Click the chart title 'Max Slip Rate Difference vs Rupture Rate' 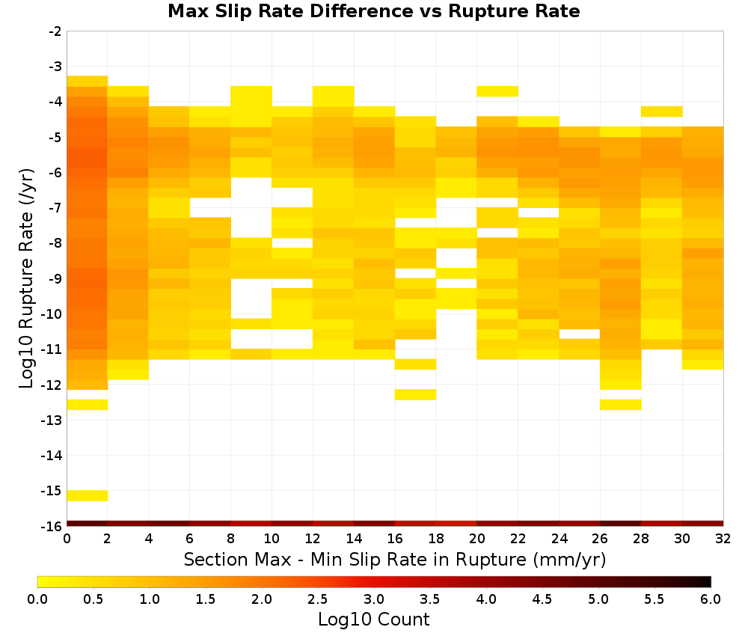(x=373, y=11)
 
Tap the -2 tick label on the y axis (x=55, y=31)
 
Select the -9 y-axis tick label (x=55, y=278)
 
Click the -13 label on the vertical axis (x=52, y=421)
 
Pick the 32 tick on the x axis (x=723, y=539)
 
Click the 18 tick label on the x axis (x=436, y=539)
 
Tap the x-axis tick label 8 (x=231, y=539)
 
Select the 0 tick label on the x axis (x=67, y=539)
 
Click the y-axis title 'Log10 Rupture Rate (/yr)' (x=27, y=278)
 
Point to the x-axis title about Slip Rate (x=395, y=560)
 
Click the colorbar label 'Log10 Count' (x=373, y=620)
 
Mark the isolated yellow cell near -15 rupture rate (x=88, y=496)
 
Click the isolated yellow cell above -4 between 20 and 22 (x=497, y=91)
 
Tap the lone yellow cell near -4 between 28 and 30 (x=662, y=111)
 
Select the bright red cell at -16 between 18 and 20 (x=456, y=524)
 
